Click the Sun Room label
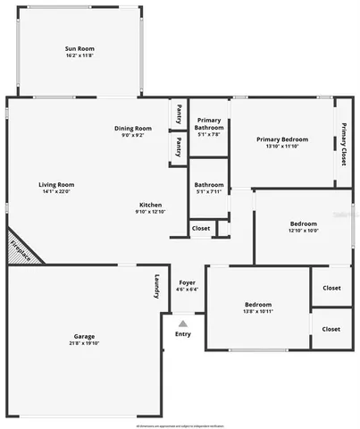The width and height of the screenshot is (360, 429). (x=80, y=48)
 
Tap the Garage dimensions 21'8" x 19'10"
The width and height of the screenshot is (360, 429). (x=85, y=342)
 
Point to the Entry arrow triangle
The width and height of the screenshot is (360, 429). (x=182, y=324)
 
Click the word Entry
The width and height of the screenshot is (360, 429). (x=182, y=334)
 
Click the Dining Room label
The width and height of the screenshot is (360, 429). (x=132, y=129)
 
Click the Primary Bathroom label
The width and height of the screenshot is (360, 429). (x=209, y=124)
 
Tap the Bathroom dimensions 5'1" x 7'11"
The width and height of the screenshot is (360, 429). (x=209, y=191)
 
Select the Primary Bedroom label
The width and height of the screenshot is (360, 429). (x=282, y=139)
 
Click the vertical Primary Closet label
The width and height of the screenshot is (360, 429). (x=343, y=145)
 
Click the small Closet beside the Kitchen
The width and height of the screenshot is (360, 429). (x=201, y=229)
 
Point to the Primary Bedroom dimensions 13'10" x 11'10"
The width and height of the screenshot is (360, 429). (x=282, y=147)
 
